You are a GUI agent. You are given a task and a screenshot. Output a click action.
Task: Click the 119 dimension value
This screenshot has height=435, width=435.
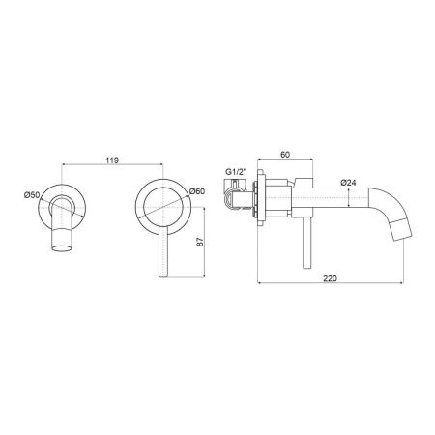point(112,160)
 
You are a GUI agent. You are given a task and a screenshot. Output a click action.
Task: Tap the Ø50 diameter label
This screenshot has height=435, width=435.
point(32,195)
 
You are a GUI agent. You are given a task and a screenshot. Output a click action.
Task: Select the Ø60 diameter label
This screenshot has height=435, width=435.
point(197,191)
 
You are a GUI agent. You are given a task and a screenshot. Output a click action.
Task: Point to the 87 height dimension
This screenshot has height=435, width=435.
point(200,242)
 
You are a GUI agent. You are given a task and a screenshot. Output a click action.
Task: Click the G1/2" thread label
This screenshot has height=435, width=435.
point(236,172)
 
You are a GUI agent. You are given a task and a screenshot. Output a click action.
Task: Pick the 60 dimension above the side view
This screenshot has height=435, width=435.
point(285,155)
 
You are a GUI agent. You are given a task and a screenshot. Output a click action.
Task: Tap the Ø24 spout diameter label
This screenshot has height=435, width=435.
point(348,183)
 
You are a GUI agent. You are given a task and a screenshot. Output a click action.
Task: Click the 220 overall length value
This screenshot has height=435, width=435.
point(330,278)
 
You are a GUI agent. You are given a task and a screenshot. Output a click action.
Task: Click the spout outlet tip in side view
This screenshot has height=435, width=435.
point(402,230)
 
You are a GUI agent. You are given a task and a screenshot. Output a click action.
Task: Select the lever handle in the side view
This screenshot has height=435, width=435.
point(306,243)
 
